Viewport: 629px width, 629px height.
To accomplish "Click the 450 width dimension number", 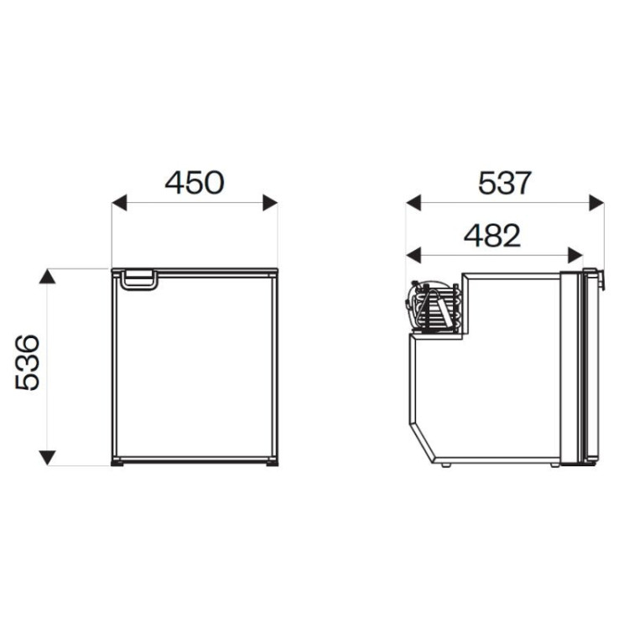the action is coord(195,183).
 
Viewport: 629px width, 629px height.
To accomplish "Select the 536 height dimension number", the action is coord(28,362).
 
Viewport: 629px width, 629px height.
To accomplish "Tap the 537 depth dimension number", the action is coord(505,183).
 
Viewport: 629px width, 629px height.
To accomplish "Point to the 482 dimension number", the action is coord(491,236).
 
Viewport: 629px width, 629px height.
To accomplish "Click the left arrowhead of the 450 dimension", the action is coord(119,203).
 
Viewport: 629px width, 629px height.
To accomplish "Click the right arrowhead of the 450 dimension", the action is coord(270,203).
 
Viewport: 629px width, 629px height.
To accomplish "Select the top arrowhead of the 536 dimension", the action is coord(47,277).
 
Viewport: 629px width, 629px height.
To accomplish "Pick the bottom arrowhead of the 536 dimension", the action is coord(47,458).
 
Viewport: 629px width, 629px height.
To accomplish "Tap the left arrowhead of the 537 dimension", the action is coord(413,203).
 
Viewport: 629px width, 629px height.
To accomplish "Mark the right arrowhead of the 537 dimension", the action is coord(596,203).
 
